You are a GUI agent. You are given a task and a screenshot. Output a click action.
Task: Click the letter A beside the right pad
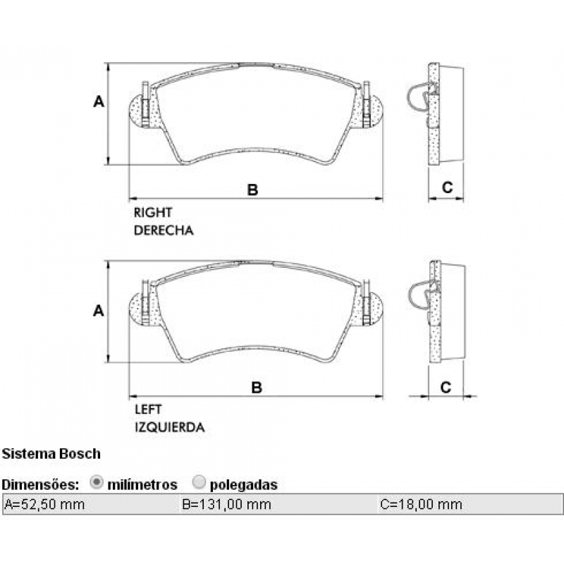tap(99, 102)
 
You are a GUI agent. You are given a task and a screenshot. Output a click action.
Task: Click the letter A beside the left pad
tap(99, 310)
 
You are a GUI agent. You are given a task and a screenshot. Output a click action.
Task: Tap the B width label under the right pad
tap(252, 189)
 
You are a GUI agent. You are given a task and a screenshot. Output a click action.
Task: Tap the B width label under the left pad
tap(257, 387)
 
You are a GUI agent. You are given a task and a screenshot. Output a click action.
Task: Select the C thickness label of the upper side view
tap(446, 187)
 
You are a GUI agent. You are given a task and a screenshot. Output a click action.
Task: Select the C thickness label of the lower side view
tap(446, 387)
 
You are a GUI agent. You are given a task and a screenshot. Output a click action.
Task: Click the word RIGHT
tap(153, 211)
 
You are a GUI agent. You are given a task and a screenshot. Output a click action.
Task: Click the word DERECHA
tap(164, 230)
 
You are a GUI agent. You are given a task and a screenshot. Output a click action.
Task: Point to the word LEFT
tap(148, 409)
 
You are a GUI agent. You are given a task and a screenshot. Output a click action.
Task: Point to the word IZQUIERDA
tap(169, 427)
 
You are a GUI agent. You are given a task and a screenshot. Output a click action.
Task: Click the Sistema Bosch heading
tap(51, 453)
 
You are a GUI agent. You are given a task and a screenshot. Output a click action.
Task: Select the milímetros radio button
tap(97, 483)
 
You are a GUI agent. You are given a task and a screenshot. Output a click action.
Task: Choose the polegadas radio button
tap(199, 483)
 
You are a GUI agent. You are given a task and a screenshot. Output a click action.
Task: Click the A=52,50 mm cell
tap(45, 504)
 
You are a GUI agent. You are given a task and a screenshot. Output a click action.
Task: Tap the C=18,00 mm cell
tap(420, 504)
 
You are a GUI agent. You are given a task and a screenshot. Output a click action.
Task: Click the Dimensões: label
tap(39, 484)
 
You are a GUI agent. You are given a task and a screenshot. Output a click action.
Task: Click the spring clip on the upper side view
tap(422, 95)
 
